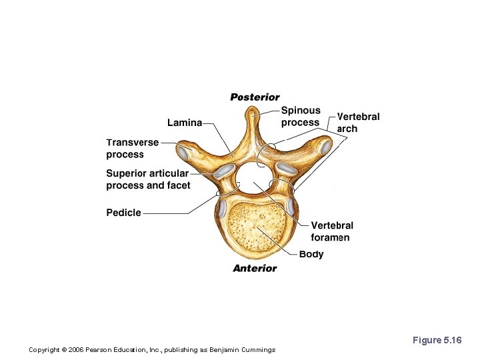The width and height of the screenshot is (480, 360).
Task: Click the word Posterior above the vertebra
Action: (255, 97)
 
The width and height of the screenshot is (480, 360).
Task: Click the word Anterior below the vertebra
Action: (255, 268)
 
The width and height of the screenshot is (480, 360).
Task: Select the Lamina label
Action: (185, 123)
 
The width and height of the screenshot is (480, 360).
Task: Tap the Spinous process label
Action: (301, 117)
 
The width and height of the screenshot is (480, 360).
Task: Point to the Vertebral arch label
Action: (358, 122)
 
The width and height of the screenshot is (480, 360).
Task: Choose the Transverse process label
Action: (132, 148)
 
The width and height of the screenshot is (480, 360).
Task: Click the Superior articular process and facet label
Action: (148, 179)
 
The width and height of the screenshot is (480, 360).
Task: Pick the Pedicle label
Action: (124, 213)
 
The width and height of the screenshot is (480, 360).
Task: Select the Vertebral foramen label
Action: (332, 231)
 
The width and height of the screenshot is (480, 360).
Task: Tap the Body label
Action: (311, 254)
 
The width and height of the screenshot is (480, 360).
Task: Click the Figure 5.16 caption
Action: (437, 340)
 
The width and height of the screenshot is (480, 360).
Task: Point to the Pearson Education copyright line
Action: (153, 349)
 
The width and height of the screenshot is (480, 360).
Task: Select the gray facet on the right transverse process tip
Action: (325, 147)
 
